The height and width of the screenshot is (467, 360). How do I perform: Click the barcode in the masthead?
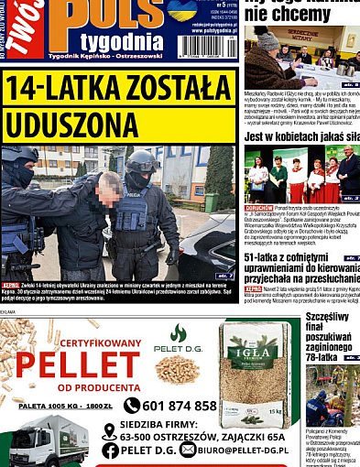[x=207, y=45]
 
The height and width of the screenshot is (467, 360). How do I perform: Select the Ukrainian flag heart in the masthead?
[x=181, y=10]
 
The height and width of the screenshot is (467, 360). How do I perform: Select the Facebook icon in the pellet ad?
[x=111, y=450]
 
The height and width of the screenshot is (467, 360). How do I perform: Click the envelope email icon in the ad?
[x=188, y=450]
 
